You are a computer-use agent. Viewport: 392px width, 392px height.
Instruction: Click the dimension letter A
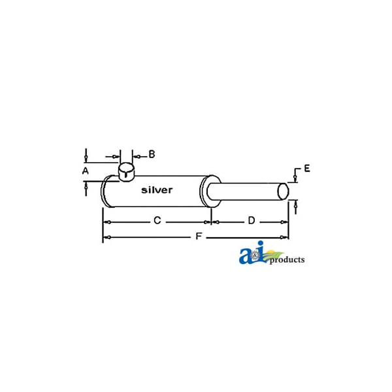(x=86, y=171)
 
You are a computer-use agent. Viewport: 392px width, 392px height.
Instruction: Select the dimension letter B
(x=152, y=154)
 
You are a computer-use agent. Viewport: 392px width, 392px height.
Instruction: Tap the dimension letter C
(x=157, y=221)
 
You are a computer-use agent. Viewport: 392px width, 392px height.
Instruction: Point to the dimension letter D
(x=252, y=221)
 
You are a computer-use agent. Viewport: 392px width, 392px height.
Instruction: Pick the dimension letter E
(x=307, y=169)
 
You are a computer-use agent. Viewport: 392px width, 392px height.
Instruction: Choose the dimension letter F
(x=199, y=236)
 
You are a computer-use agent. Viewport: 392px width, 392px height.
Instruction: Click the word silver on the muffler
(x=157, y=190)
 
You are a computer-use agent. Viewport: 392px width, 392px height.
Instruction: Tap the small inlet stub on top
(x=126, y=171)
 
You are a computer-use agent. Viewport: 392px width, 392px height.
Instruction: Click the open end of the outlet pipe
(x=283, y=191)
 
